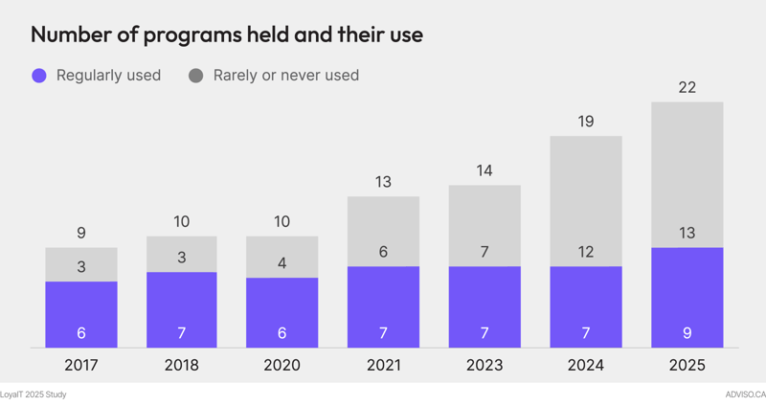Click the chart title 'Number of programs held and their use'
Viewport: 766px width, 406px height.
tap(227, 34)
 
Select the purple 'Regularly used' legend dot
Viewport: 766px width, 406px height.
tap(38, 76)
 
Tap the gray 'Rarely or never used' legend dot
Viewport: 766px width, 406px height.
tap(195, 76)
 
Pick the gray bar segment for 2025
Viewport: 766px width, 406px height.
tap(687, 172)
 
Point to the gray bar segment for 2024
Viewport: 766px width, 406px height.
tap(586, 196)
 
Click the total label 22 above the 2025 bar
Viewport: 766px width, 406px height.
tap(687, 88)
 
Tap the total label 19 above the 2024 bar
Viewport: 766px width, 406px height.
tap(586, 122)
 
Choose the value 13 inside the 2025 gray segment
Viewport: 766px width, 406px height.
tap(687, 234)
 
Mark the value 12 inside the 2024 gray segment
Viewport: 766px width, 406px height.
tap(586, 252)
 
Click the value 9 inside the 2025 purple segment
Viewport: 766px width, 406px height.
tap(687, 333)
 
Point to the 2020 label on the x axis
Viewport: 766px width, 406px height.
tap(282, 366)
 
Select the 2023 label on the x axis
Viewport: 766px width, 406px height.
tap(484, 366)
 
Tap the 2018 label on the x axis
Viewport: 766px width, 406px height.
tap(182, 366)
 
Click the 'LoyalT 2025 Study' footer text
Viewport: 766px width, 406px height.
tap(34, 395)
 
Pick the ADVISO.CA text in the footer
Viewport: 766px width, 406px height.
tap(746, 395)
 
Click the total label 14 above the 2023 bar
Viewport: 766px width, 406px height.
tap(484, 171)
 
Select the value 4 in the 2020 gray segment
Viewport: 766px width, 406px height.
tap(282, 261)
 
